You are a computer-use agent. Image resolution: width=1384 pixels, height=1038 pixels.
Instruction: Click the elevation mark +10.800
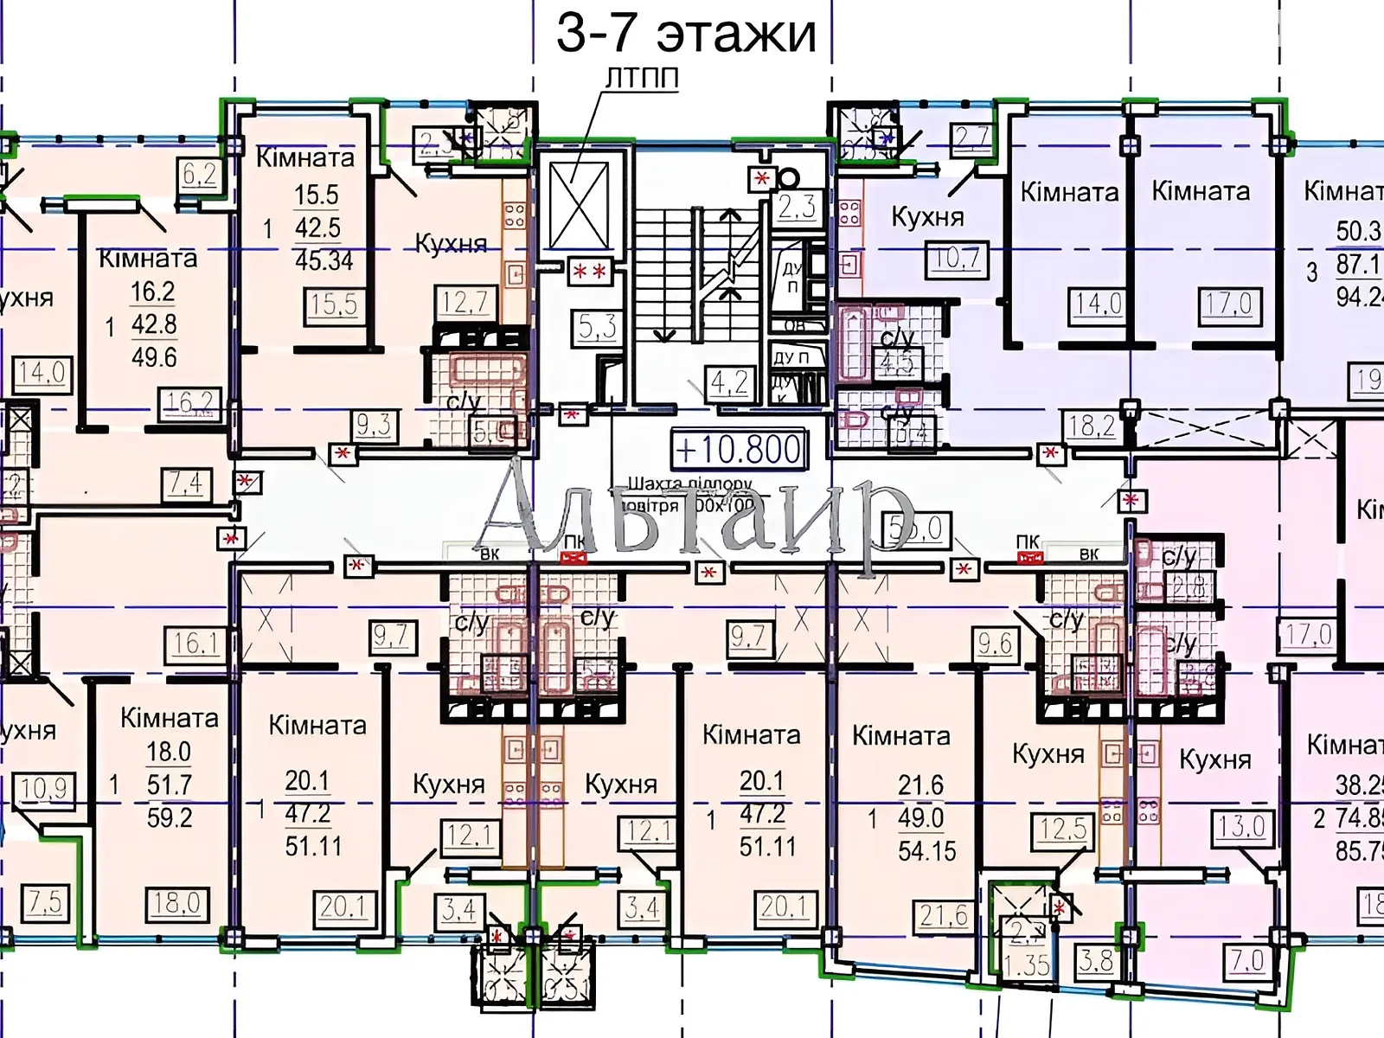tap(739, 450)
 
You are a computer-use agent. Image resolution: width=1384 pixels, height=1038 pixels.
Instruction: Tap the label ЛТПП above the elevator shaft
tap(641, 78)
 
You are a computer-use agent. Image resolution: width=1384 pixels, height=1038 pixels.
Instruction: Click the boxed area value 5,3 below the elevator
tap(597, 327)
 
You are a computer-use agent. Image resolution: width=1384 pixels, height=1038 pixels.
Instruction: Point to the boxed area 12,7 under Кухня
tap(465, 302)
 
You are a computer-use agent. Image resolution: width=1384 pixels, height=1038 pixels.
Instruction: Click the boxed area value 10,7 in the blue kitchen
tap(957, 259)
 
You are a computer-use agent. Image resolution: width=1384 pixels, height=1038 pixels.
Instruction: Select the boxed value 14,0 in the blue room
tap(1099, 304)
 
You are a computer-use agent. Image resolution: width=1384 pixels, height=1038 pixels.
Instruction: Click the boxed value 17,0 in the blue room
tap(1229, 304)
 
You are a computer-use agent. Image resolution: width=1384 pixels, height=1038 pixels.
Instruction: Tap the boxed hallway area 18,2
tap(1092, 426)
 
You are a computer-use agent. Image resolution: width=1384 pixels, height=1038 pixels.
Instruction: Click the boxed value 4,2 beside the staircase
tap(729, 382)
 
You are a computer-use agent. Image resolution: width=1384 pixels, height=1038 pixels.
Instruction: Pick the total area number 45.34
tap(324, 260)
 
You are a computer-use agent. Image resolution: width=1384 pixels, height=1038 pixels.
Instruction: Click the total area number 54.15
tap(926, 851)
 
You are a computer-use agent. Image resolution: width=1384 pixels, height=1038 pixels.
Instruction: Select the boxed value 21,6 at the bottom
tap(944, 915)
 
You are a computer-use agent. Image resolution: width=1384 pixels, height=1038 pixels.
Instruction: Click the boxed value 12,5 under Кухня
tap(1062, 829)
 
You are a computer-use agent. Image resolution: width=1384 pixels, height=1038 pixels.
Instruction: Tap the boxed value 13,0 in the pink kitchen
tap(1241, 826)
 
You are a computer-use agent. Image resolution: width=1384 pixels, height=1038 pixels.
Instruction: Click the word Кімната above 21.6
tap(900, 736)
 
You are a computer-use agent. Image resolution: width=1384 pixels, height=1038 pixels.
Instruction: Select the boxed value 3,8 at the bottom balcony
tap(1096, 961)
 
